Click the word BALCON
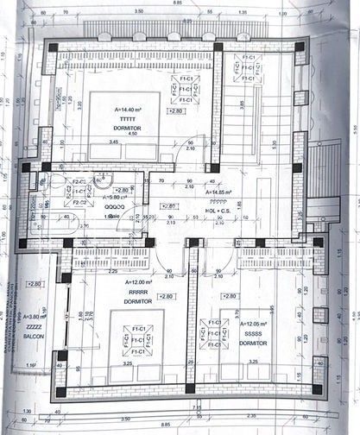coord(34,335)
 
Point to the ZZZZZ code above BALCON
coord(34,327)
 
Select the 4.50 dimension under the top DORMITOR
coord(133,158)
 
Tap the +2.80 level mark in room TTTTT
coord(176,111)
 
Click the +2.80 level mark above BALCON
coord(35,285)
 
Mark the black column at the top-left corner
coord(54,47)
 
